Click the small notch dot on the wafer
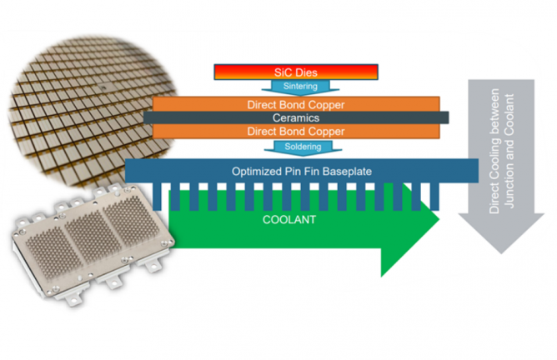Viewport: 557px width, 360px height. (x=101, y=85)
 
